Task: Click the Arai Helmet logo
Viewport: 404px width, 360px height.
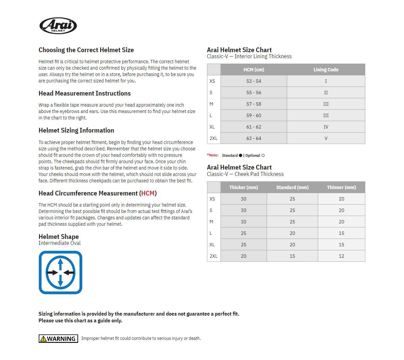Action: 58,26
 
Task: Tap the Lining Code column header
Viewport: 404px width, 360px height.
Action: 326,70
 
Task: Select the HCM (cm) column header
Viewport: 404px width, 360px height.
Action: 254,70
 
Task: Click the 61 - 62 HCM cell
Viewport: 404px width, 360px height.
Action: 254,127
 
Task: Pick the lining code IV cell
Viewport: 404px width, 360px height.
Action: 326,127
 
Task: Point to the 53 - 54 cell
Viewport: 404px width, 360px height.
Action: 254,81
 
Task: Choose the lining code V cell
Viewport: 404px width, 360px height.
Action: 326,138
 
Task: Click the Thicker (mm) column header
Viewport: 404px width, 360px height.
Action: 243,187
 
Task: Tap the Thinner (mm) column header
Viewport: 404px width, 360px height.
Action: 341,187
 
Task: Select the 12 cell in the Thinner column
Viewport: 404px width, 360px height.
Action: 341,256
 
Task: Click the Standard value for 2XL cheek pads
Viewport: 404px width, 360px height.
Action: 292,256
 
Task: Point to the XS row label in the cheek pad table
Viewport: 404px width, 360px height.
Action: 212,199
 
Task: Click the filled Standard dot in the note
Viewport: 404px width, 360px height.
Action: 240,155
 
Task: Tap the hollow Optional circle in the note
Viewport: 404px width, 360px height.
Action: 263,155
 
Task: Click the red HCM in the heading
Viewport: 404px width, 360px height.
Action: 148,193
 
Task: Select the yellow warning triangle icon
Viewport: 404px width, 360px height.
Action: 43,339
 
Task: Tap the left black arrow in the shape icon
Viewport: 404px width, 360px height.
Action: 52,273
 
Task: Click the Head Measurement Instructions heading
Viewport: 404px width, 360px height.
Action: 85,93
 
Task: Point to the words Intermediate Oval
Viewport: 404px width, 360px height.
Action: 60,243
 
